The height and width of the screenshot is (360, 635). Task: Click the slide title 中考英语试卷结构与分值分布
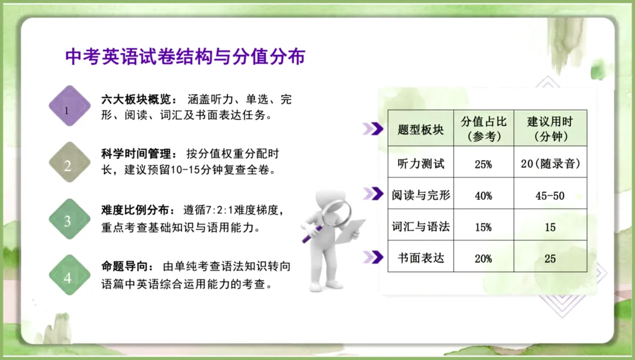(185, 57)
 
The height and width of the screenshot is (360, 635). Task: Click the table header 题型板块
(420, 129)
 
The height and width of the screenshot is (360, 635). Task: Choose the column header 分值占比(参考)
(483, 129)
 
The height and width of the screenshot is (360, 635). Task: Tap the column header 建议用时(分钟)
(550, 129)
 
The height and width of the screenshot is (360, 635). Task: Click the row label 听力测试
(420, 164)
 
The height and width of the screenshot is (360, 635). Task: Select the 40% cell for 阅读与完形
(483, 196)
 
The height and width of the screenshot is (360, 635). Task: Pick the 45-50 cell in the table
(550, 196)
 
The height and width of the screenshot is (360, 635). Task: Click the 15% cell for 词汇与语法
(483, 227)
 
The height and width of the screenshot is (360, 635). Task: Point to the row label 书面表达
(420, 258)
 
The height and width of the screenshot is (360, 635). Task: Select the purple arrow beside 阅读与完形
(373, 193)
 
